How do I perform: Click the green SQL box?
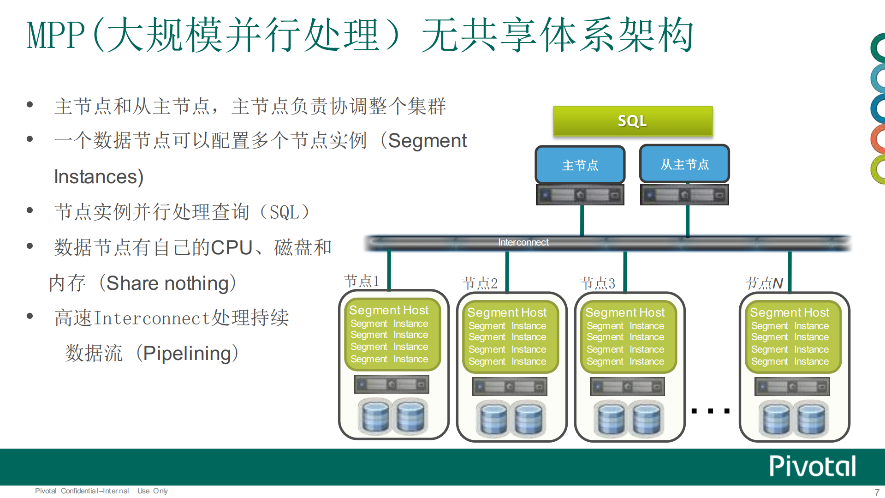coord(632,121)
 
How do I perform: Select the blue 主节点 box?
coord(580,165)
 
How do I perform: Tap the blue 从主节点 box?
coord(684,164)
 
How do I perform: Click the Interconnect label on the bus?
coord(523,242)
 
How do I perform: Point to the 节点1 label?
coord(362,281)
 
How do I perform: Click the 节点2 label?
coord(480,283)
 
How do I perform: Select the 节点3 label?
coord(598,283)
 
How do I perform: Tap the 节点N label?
coord(764,283)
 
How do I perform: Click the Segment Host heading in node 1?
coord(389,310)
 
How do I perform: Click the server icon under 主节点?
coord(580,195)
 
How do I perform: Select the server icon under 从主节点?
coord(684,195)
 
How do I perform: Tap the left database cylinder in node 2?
coord(493,419)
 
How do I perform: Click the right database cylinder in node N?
coord(811,419)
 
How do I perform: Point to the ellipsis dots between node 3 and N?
coord(710,411)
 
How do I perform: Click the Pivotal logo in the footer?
coord(813,466)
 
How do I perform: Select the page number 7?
coord(877,492)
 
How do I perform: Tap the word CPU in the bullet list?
coord(232,248)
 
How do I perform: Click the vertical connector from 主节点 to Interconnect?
coord(582,221)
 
